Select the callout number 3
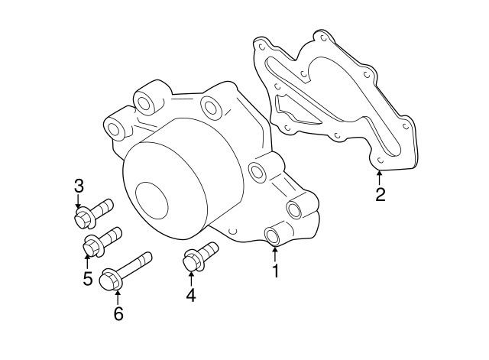click(x=78, y=186)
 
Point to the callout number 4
click(x=190, y=294)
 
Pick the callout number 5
click(x=88, y=278)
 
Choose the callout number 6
click(x=118, y=313)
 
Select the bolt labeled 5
click(x=102, y=240)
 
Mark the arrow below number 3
click(x=78, y=203)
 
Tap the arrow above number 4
click(x=190, y=276)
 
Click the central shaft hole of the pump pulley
click(x=152, y=199)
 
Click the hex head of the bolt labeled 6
click(x=111, y=280)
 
